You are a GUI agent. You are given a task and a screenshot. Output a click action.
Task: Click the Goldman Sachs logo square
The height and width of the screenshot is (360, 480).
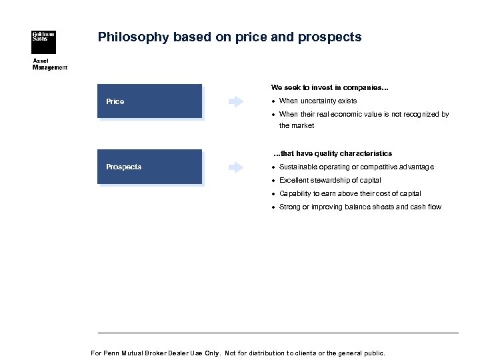pos(43,42)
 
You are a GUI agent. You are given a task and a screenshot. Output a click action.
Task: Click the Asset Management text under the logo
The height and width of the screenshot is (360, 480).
pos(50,65)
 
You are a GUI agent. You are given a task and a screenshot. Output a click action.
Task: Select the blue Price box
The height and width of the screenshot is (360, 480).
pos(149,101)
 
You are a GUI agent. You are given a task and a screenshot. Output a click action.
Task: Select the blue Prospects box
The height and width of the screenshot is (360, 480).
pos(149,167)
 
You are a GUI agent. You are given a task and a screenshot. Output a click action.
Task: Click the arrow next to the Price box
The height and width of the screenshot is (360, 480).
pos(236,101)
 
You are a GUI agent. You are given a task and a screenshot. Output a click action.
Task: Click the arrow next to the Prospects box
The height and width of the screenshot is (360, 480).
pos(236,167)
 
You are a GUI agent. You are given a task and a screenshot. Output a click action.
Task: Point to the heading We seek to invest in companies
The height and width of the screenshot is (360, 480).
pos(330,87)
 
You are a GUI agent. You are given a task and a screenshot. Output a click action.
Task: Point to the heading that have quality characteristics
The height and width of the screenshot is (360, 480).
pos(333,153)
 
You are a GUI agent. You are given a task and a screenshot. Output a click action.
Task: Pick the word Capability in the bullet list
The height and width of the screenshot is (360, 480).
pos(295,193)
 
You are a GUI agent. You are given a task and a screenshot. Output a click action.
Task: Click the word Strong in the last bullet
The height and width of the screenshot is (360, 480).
pos(290,207)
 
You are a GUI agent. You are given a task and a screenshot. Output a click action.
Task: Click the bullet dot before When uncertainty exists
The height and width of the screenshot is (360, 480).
pos(273,101)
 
